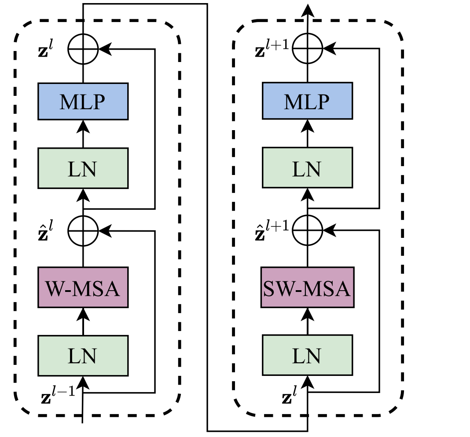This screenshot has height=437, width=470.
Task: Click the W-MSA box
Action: click(83, 288)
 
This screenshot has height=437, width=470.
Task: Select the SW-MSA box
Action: click(307, 288)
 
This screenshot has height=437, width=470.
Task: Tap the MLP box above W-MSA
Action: click(83, 101)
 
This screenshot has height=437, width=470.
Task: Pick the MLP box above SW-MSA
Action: click(307, 101)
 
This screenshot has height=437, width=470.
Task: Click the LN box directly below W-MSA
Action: click(83, 356)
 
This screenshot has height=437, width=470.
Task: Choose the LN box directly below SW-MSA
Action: click(307, 356)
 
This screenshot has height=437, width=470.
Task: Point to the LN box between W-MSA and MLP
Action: click(83, 168)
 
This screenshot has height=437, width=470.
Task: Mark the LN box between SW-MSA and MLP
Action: click(307, 168)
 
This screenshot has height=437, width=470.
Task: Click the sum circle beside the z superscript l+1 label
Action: click(307, 48)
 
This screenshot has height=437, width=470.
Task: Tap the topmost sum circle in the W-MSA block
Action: click(83, 48)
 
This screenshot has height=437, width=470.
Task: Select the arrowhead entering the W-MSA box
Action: click(83, 314)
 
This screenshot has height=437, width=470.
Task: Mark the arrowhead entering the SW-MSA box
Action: click(307, 314)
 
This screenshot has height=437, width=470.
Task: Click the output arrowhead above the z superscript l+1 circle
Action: click(307, 10)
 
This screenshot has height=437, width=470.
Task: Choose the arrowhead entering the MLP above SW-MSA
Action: click(307, 127)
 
